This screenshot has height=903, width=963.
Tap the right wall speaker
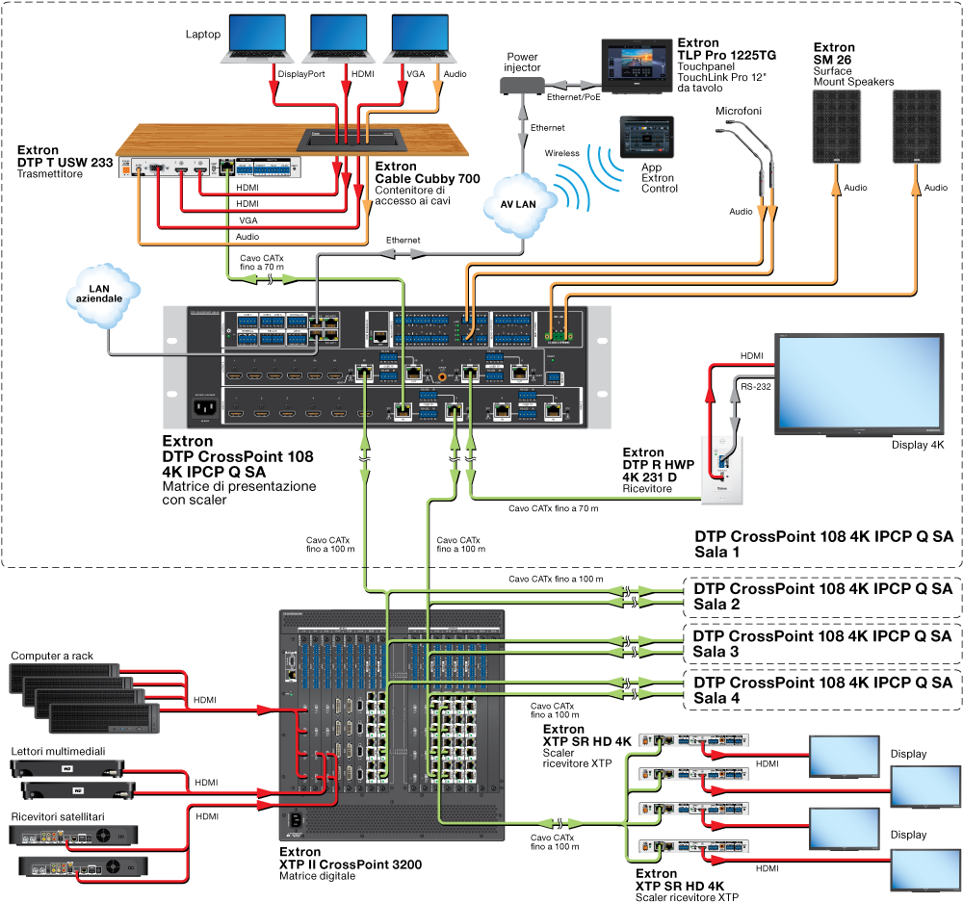point(916,126)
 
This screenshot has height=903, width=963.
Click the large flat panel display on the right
point(859,382)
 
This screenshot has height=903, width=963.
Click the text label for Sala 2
point(716,605)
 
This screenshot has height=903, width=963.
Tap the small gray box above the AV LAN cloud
point(521,87)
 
